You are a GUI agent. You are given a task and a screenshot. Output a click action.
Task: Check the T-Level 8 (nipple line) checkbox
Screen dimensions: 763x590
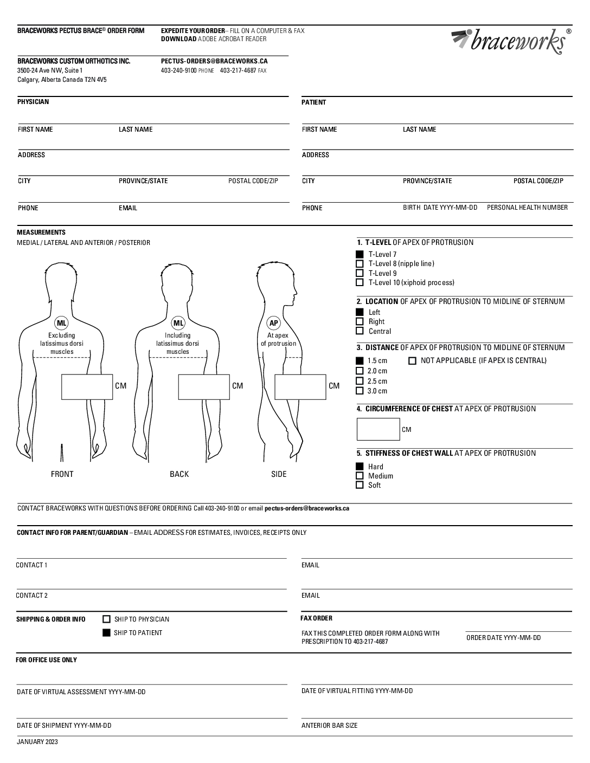[x=360, y=264]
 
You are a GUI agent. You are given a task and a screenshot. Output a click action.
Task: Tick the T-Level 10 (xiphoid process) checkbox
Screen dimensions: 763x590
[x=360, y=282]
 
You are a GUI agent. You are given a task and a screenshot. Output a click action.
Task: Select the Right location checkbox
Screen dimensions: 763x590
[x=360, y=321]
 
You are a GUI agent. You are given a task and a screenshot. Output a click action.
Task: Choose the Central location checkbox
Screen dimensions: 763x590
[x=360, y=331]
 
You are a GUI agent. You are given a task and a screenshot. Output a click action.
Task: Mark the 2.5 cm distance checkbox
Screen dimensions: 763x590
[x=360, y=381]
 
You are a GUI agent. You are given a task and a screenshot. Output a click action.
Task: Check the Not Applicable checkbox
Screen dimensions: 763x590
[x=412, y=361]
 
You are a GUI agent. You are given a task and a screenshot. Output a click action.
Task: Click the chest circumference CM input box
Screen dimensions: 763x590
[x=378, y=429]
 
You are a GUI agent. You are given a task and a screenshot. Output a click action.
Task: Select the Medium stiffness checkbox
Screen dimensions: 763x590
[x=360, y=476]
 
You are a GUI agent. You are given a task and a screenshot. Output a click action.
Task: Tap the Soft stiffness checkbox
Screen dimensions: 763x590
[x=360, y=485]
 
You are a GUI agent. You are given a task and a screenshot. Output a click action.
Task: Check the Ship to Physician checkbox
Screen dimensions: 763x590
[x=107, y=619]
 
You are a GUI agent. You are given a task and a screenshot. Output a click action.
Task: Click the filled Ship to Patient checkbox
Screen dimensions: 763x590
[x=107, y=632]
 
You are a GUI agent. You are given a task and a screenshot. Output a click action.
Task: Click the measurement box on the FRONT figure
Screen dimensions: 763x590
[x=87, y=387]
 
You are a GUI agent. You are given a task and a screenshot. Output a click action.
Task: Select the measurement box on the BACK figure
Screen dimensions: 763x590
[x=204, y=387]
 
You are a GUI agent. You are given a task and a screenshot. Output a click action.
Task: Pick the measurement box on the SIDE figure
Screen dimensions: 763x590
[x=300, y=387]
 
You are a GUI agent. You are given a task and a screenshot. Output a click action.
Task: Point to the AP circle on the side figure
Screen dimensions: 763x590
[x=274, y=324]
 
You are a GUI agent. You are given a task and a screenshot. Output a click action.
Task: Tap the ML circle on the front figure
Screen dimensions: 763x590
[x=62, y=324]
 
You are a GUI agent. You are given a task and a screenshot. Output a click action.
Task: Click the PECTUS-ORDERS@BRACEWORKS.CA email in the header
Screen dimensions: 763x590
[x=214, y=61]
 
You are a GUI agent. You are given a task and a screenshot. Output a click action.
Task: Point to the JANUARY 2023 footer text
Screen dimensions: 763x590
[x=37, y=742]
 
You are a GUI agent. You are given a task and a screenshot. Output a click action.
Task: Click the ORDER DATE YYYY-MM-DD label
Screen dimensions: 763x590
[x=503, y=638]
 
